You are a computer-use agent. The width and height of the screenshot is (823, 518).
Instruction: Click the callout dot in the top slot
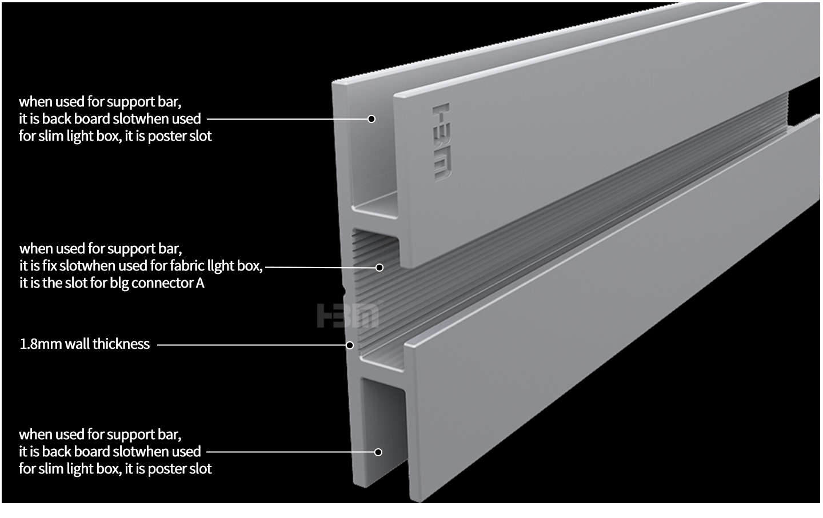[x=371, y=119]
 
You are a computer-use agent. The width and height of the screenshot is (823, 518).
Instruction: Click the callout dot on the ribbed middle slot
[x=379, y=267]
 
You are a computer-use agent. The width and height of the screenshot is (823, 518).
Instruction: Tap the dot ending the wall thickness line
[x=350, y=345]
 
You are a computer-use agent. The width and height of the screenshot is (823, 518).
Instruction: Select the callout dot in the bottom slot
[x=378, y=452]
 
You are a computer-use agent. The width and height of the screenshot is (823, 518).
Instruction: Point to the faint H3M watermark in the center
[x=347, y=316]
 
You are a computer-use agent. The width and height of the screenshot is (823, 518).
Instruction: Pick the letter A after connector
[x=200, y=283]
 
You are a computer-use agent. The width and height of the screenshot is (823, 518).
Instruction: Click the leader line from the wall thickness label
[x=251, y=345]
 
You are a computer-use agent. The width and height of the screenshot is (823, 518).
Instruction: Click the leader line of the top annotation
[x=286, y=119]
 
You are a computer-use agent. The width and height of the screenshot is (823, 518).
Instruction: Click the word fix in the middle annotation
[x=50, y=266]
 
